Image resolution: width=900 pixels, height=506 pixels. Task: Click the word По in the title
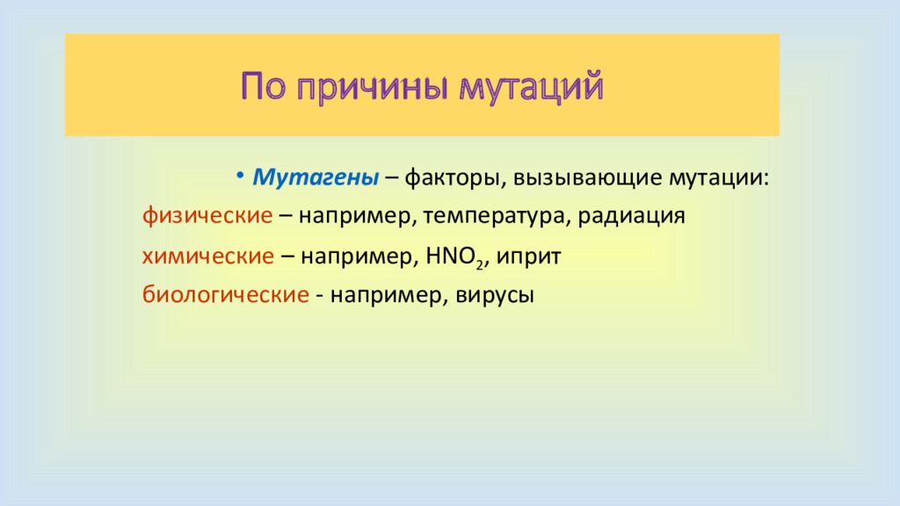tap(263, 87)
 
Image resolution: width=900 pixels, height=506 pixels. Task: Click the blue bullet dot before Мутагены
tap(241, 175)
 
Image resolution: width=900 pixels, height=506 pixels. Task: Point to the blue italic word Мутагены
tap(316, 177)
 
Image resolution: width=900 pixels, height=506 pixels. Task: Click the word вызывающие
tap(587, 178)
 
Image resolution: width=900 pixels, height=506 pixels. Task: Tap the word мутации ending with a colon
tap(719, 178)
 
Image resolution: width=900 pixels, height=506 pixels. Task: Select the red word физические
tap(207, 216)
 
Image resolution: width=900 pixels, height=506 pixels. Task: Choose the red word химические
tap(208, 256)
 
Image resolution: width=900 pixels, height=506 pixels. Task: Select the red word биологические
tap(226, 295)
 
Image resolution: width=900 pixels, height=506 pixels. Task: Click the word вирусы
tap(495, 296)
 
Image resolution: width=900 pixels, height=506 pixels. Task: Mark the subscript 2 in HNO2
tap(479, 265)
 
